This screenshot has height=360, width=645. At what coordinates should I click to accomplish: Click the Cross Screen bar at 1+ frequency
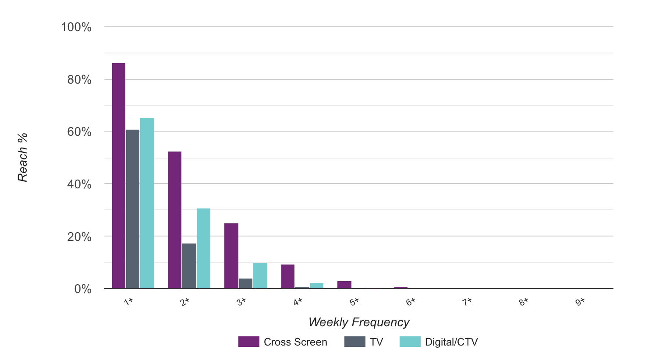click(x=119, y=176)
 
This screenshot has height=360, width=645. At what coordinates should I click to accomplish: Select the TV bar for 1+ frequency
click(x=133, y=209)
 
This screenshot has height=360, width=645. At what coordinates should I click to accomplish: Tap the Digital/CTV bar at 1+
click(x=147, y=203)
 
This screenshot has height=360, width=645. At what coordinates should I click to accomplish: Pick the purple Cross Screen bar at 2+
click(x=175, y=220)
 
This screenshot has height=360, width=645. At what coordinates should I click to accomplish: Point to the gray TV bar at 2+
click(x=189, y=266)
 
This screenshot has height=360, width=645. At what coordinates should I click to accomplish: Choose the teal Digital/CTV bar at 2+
click(x=204, y=248)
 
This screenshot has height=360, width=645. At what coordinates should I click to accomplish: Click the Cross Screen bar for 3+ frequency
click(x=231, y=256)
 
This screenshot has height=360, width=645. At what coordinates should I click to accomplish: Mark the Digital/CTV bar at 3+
click(x=260, y=275)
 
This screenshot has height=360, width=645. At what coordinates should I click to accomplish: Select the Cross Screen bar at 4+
click(x=288, y=276)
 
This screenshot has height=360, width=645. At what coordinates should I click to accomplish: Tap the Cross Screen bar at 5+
click(x=344, y=285)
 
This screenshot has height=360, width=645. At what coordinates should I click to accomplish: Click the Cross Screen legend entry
click(x=283, y=342)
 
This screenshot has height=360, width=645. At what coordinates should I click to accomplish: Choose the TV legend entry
click(x=364, y=342)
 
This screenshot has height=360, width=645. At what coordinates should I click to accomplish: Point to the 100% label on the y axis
click(x=76, y=27)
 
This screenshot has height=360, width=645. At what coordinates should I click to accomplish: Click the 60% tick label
click(x=79, y=132)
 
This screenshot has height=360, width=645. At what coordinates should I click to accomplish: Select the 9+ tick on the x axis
click(x=580, y=302)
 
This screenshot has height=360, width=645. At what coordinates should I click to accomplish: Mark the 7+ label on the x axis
click(x=468, y=302)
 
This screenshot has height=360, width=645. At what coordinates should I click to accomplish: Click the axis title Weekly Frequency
click(x=359, y=322)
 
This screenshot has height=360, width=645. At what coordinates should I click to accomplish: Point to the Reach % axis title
click(x=23, y=157)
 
